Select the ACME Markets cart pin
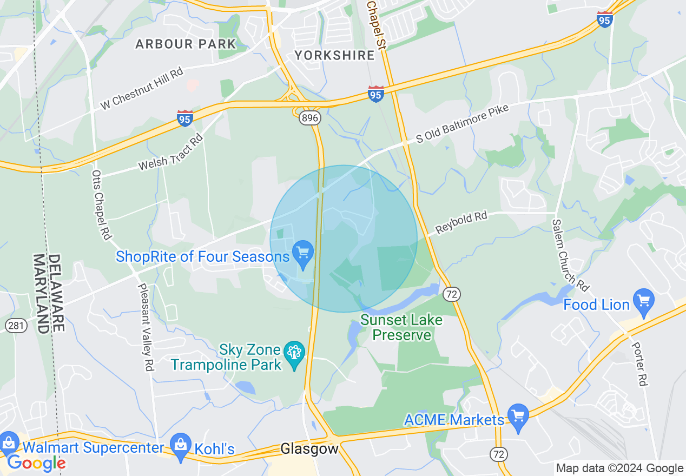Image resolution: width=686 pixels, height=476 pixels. click(x=518, y=417)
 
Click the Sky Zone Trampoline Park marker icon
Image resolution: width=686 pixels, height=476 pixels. click(x=294, y=355)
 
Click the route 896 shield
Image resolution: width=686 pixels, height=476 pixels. click(x=311, y=117)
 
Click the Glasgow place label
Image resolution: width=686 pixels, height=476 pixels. click(x=309, y=448)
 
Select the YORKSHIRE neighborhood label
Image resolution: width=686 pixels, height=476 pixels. click(x=334, y=55)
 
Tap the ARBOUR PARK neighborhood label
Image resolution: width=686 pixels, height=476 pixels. click(x=186, y=44)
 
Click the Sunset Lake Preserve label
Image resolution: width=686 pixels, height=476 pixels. click(x=401, y=327)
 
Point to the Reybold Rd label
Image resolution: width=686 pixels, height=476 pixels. click(x=461, y=223)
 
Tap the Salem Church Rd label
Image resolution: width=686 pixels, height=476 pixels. click(x=570, y=254)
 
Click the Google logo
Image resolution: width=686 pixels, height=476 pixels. click(x=36, y=462)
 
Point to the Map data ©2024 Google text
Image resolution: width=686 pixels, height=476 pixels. click(x=620, y=468)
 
